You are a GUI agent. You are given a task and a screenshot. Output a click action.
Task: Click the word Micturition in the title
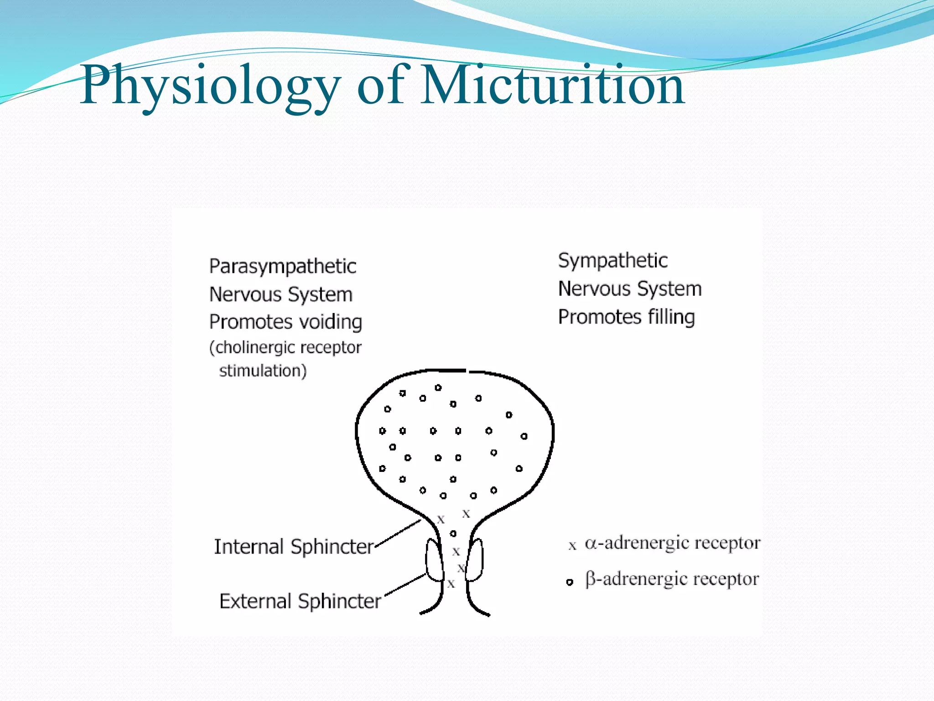553,85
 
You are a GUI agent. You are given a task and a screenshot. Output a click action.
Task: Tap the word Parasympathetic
282,267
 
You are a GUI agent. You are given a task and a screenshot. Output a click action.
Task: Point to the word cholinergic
254,348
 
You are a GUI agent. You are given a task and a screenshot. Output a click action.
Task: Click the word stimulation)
263,371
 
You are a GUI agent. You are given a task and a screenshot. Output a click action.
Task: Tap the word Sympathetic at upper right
612,261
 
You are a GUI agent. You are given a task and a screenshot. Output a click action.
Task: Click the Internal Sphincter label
294,547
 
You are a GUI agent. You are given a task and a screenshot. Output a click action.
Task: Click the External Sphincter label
300,601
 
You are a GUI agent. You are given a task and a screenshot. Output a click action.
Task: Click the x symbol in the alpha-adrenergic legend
572,545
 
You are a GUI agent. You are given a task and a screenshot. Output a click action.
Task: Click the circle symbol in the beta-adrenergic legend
569,582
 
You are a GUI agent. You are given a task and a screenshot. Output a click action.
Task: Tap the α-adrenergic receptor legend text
672,543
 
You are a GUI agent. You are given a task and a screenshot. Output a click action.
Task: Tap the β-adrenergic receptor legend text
672,579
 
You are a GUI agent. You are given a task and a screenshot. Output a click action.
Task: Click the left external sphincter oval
434,560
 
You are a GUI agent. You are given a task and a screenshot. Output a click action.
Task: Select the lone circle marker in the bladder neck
453,533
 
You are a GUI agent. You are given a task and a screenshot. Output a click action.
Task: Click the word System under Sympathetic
669,289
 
